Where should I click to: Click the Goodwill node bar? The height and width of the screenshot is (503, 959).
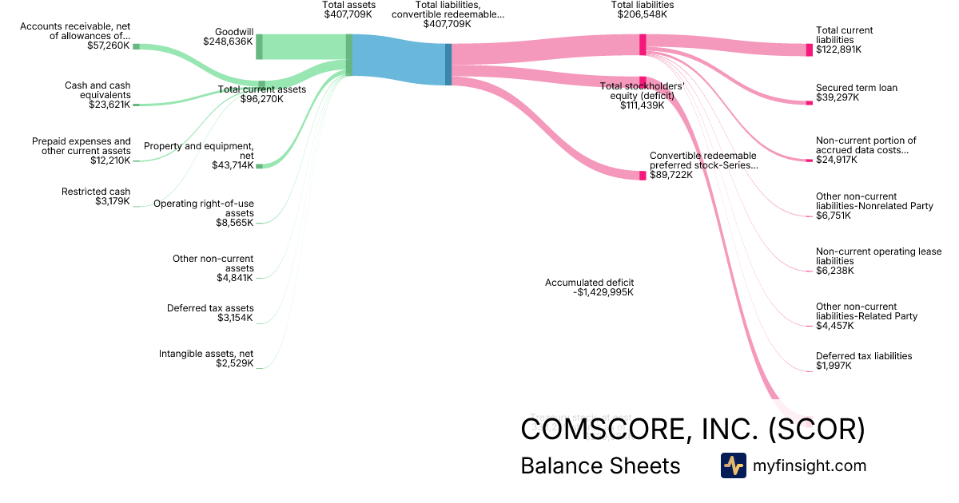click(259, 46)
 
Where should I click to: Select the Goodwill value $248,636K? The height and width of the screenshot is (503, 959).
click(228, 41)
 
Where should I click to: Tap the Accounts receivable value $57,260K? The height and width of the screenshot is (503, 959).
click(108, 46)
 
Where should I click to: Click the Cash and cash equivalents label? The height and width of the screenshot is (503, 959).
click(97, 90)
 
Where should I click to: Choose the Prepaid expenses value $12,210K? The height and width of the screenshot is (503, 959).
click(110, 160)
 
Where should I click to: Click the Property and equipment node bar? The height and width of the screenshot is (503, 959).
click(259, 165)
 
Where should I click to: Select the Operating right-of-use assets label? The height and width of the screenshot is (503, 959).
click(204, 208)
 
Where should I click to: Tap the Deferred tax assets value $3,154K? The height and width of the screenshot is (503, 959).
click(235, 318)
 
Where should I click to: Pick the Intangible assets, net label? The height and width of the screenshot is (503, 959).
click(206, 353)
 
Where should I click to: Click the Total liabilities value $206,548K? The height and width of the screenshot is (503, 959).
click(642, 14)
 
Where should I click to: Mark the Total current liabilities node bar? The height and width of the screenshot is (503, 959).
click(809, 50)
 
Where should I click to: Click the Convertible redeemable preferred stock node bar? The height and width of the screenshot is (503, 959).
click(643, 175)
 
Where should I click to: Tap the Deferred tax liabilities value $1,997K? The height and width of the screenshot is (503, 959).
click(834, 366)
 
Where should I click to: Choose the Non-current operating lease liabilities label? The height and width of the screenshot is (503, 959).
click(878, 256)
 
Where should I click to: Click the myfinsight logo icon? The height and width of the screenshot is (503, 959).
click(733, 465)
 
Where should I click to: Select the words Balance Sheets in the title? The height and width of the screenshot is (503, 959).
click(600, 465)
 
